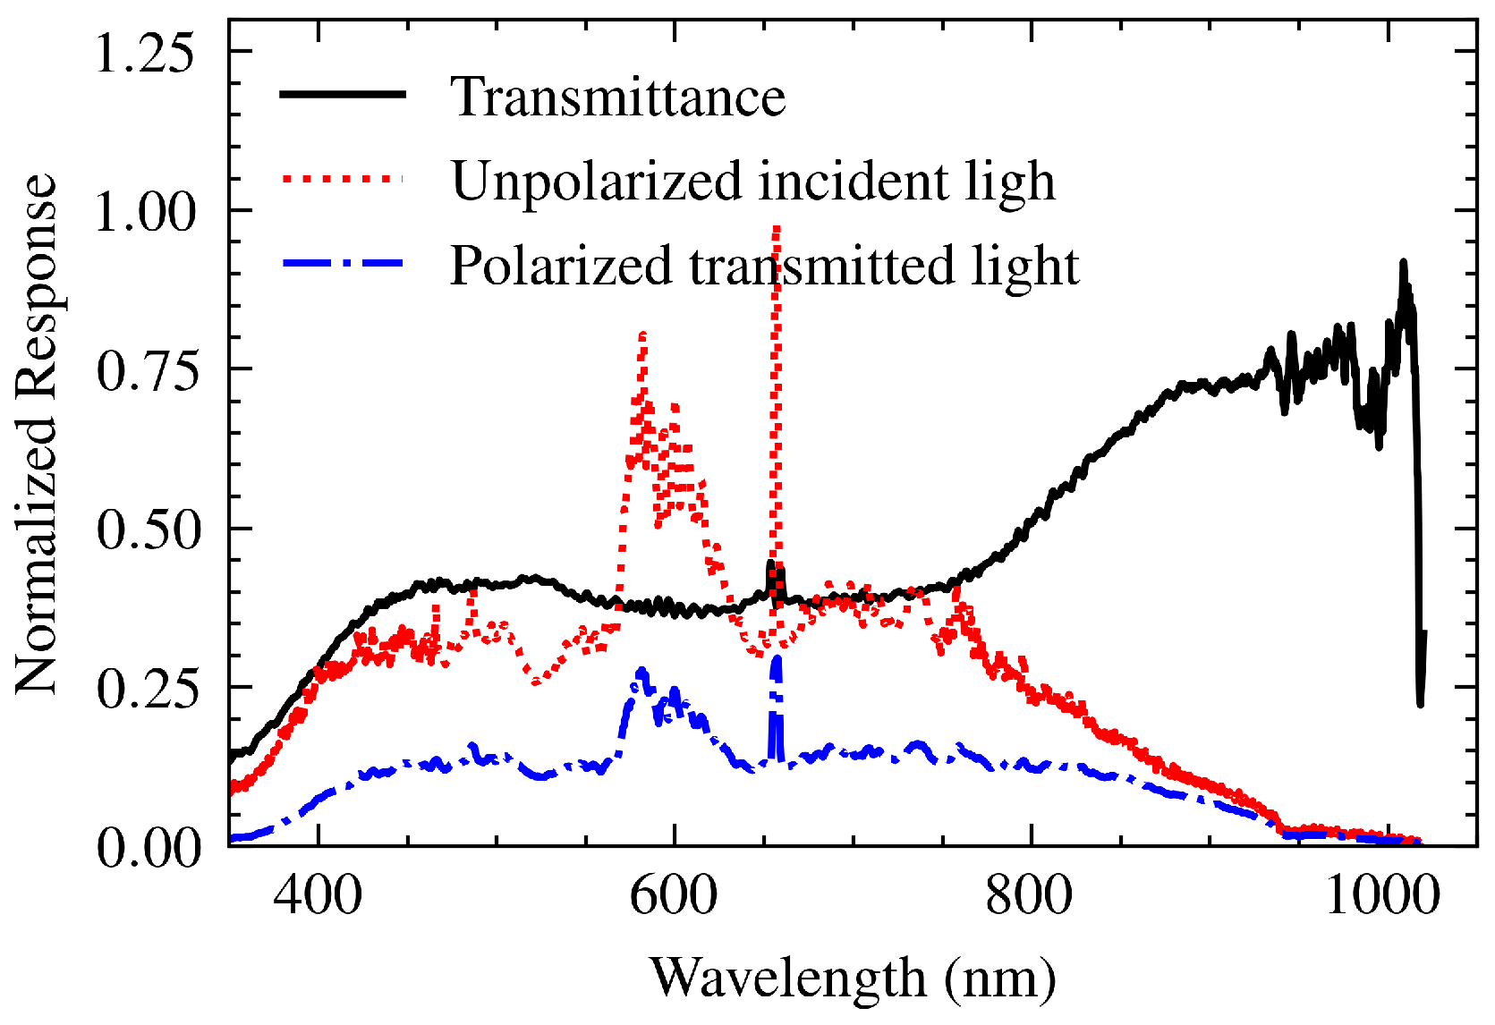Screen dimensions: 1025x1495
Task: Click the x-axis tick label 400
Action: [x=318, y=895]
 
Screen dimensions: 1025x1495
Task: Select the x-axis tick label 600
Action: [x=674, y=895]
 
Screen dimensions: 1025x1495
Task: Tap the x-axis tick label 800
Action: [x=1030, y=895]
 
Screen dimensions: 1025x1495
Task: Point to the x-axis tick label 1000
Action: [x=1383, y=895]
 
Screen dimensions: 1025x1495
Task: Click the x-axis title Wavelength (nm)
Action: [x=852, y=978]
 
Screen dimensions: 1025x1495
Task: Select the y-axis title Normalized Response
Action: [x=37, y=433]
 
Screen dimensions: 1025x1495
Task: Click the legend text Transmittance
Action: [x=617, y=97]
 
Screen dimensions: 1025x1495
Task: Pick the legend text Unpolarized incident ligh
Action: [x=752, y=181]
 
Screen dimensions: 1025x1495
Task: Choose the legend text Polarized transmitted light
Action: [x=764, y=266]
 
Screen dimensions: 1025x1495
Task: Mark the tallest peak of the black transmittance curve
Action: [x=1403, y=262]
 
